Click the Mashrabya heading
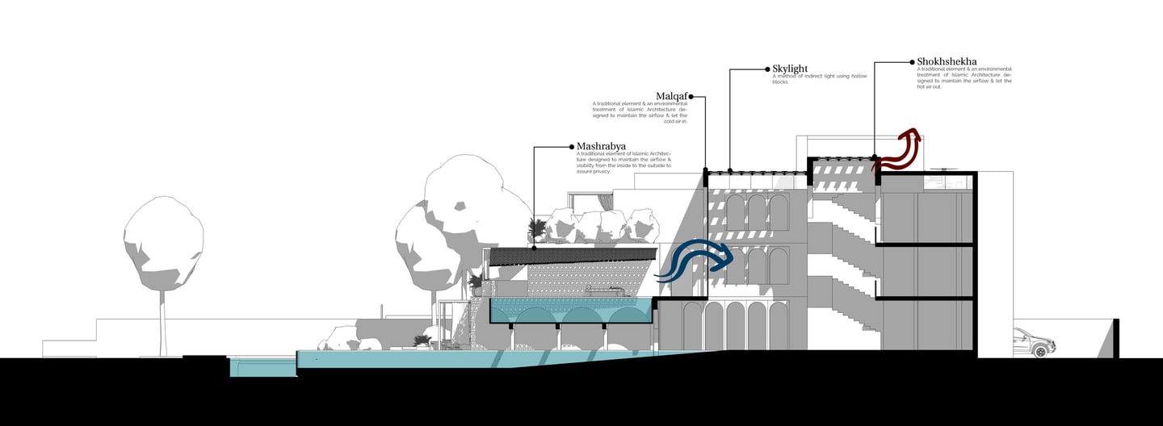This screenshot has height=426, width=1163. (x=602, y=147)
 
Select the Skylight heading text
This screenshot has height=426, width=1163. (x=790, y=69)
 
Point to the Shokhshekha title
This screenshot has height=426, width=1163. (x=947, y=61)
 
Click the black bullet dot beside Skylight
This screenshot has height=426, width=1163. (x=766, y=69)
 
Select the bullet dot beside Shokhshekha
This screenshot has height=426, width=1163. (x=911, y=61)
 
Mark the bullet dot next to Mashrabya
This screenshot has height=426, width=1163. (x=571, y=147)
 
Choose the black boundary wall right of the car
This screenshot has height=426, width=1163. (x=1115, y=338)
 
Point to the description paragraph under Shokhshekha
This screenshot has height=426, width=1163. (x=964, y=77)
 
